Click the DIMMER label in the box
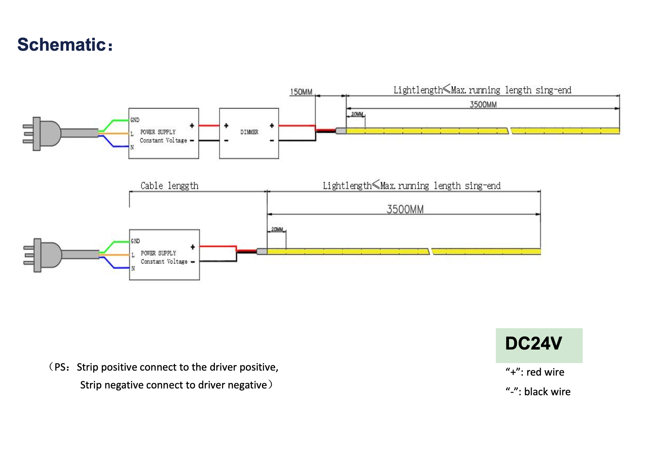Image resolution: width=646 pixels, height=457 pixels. (249, 132)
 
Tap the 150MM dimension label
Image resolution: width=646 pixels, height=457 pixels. (301, 92)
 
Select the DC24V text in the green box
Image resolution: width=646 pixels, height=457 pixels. (534, 343)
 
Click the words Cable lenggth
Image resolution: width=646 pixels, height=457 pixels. (169, 186)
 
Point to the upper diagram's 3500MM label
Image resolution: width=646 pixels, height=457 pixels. (483, 104)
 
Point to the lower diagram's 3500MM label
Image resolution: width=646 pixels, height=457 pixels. (405, 209)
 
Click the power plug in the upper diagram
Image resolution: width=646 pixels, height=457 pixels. (45, 134)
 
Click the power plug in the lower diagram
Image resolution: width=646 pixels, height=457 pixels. (45, 255)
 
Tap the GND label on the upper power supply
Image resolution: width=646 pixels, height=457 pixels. (135, 120)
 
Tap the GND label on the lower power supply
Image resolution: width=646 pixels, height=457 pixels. (135, 241)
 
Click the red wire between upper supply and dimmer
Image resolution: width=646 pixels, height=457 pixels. (209, 126)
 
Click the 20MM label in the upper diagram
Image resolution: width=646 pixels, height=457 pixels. (357, 114)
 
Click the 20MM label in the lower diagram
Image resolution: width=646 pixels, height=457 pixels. (277, 229)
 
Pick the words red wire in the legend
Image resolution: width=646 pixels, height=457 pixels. (545, 372)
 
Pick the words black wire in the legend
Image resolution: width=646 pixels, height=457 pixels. (547, 392)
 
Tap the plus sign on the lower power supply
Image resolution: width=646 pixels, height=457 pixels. (193, 247)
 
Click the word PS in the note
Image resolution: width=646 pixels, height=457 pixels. (60, 367)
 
